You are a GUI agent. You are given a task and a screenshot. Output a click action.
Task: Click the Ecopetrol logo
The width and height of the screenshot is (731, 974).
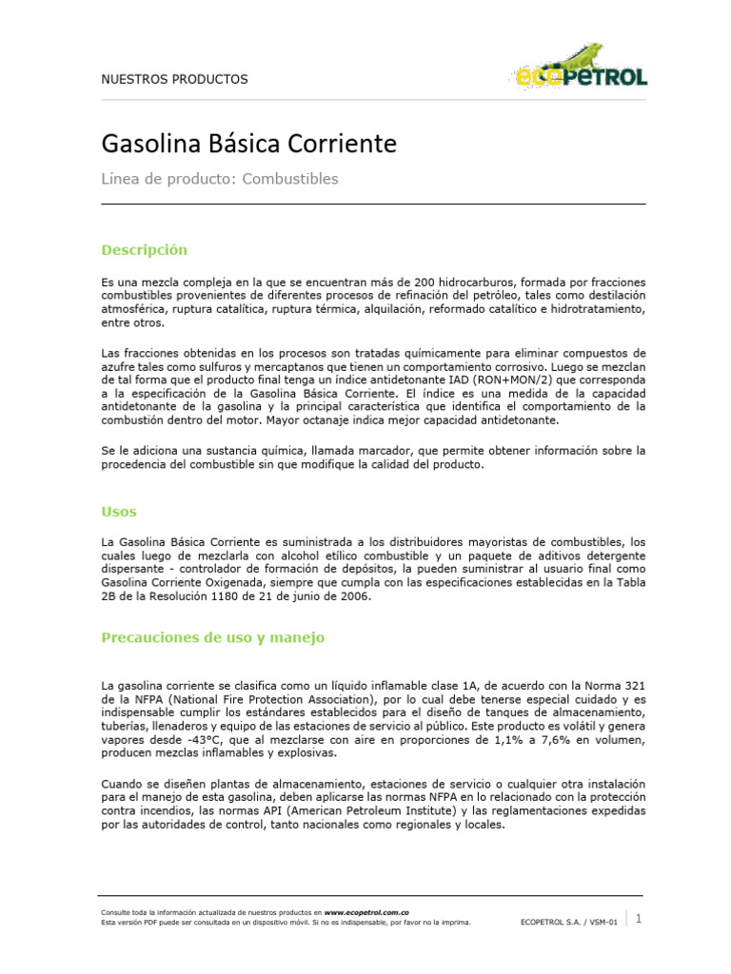582,67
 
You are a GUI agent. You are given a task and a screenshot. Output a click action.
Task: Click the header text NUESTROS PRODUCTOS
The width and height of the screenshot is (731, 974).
174,79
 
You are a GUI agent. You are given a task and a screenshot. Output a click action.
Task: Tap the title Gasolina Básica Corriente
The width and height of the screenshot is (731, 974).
248,145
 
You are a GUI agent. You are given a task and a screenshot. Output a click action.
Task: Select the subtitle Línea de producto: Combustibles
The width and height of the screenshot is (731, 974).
220,179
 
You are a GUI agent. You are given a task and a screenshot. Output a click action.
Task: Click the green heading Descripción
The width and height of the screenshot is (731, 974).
144,250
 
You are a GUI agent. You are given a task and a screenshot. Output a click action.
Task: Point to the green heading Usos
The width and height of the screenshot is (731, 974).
119,512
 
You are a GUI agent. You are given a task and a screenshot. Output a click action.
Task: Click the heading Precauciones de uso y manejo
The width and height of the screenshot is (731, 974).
212,637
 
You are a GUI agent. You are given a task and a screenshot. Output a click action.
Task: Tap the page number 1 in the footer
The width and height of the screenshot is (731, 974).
639,919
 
